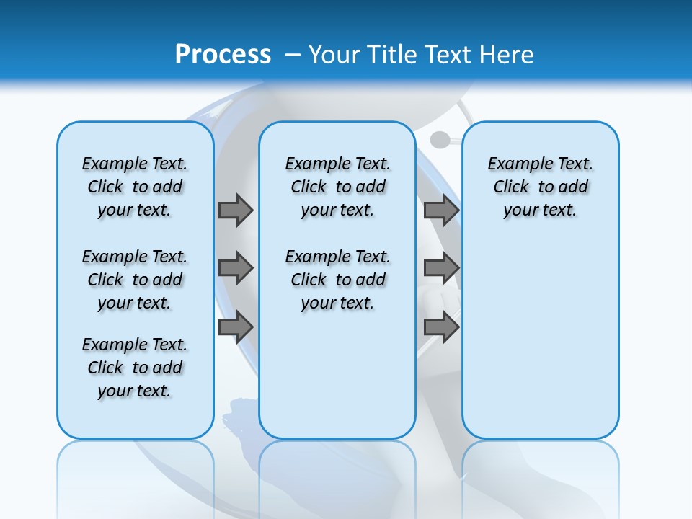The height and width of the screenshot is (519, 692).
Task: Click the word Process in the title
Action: click(x=223, y=54)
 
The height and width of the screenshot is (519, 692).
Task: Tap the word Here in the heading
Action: click(x=507, y=54)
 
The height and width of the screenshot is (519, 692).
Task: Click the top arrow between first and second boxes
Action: click(x=236, y=210)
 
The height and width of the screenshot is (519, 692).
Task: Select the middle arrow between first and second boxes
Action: click(x=236, y=268)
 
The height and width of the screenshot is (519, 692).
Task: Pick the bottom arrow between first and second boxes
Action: click(x=236, y=327)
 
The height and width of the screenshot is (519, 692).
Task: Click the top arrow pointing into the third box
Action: click(x=441, y=210)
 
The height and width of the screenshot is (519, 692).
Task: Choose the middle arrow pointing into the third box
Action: click(x=441, y=268)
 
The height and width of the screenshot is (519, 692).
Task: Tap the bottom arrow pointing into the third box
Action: click(x=441, y=327)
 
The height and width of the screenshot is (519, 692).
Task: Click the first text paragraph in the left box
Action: click(x=135, y=187)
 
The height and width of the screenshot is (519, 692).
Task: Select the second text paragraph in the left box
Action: click(x=135, y=280)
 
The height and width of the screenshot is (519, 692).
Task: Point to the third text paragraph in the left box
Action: click(x=135, y=368)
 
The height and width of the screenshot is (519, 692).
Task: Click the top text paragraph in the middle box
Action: click(x=337, y=187)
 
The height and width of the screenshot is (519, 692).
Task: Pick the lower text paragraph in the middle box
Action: click(x=337, y=280)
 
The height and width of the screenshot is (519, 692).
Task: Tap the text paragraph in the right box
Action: click(x=540, y=187)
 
